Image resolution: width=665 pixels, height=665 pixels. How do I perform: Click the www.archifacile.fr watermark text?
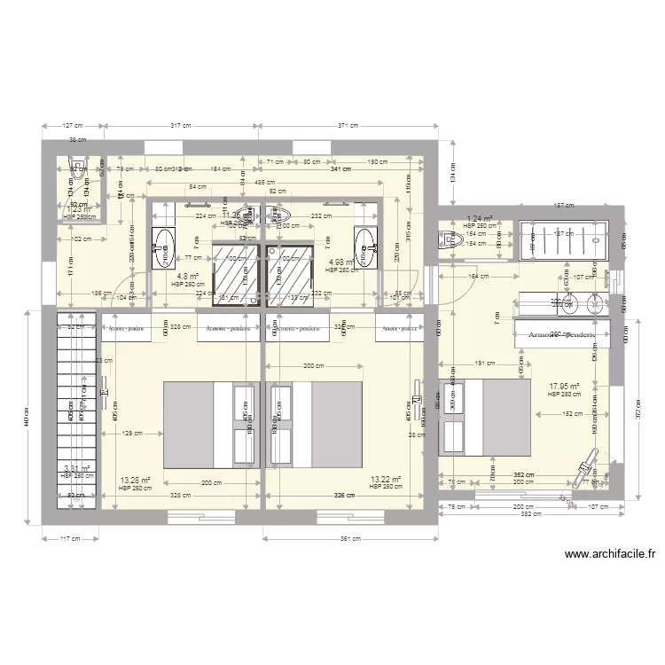tap(609, 555)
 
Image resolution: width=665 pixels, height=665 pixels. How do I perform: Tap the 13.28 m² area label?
tap(134, 480)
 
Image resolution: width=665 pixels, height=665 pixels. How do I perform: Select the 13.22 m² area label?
tap(386, 480)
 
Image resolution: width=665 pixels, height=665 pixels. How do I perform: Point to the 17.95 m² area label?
tap(564, 387)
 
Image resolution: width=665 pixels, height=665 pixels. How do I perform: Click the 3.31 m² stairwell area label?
tap(76, 469)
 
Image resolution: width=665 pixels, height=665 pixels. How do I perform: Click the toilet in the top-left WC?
tap(78, 173)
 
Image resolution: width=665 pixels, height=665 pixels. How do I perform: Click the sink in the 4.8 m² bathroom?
tap(164, 246)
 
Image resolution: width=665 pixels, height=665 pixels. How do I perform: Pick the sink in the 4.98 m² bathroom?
tap(364, 246)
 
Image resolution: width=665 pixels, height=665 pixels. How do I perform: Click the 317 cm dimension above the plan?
tap(182, 126)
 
